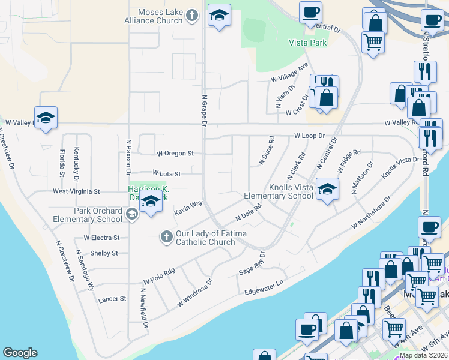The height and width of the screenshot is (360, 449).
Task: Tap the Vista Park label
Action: point(307,43)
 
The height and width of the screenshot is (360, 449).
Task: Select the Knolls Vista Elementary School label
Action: point(279,191)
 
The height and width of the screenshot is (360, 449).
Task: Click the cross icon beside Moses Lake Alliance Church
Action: point(191,16)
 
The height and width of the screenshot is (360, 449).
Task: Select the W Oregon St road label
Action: point(175,154)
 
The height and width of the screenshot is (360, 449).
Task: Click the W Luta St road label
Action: point(166,173)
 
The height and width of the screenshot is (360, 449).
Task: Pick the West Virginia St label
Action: point(76,191)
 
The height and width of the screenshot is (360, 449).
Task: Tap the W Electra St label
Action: point(101,238)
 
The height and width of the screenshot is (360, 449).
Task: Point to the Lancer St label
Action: point(112,298)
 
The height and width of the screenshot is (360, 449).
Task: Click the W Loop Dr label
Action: point(309,136)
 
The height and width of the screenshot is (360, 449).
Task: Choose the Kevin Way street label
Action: point(188,208)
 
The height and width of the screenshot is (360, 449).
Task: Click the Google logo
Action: point(20,353)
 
